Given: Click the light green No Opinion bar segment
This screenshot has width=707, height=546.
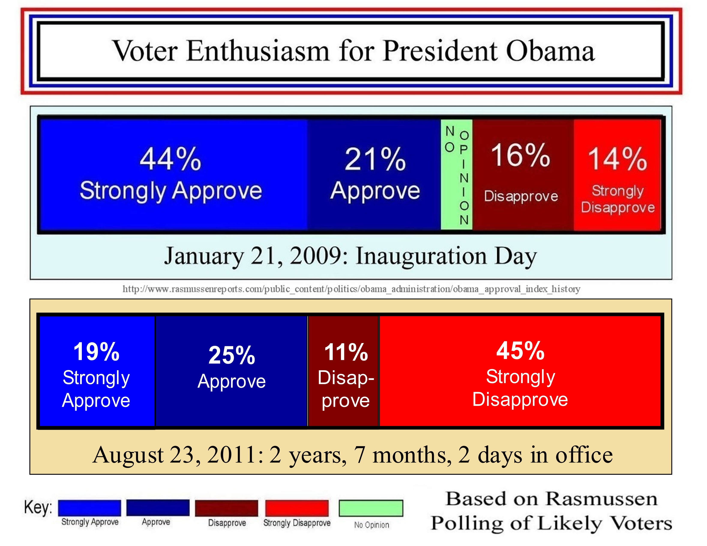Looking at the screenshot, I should click(x=456, y=175).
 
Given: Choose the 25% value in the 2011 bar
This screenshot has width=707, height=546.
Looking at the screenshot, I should click(x=232, y=355).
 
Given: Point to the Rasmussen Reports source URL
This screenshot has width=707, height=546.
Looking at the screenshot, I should click(x=351, y=289).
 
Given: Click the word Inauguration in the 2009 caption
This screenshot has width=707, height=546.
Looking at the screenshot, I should click(x=421, y=256).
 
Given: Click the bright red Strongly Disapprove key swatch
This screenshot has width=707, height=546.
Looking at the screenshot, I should click(x=297, y=508).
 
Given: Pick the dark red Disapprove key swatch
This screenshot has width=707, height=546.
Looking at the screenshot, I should click(x=227, y=508).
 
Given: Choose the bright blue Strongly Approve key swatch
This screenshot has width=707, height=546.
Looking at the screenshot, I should click(x=90, y=508).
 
